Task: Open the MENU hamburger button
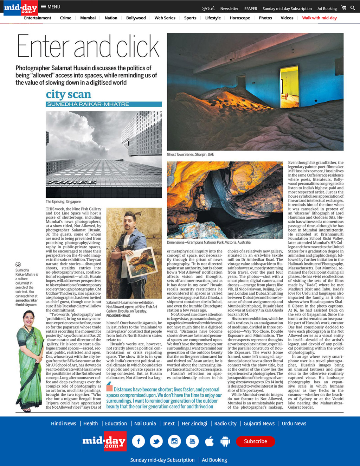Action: pos(50,7)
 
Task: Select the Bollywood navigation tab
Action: pos(136,18)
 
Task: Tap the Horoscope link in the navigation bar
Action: pos(240,18)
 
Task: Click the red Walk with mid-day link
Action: pos(319,18)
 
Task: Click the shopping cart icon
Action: pos(343,7)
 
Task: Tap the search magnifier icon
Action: pos(353,8)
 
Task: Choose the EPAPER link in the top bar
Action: pos(250,8)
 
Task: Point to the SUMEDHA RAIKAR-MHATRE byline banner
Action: pos(104,104)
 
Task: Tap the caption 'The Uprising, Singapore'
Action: pos(63,202)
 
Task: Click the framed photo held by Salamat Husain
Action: pos(140,262)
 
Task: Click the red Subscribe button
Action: pos(255,441)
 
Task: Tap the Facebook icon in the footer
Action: pos(139,441)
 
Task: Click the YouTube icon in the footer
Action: pos(192,441)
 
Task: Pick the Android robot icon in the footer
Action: pos(225,441)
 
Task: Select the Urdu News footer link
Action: pos(294,423)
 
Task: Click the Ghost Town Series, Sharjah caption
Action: pos(190,154)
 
